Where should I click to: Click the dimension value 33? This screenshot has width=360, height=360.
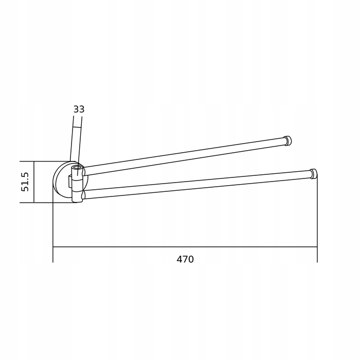click(79, 109)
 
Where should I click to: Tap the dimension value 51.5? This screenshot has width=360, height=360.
click(25, 182)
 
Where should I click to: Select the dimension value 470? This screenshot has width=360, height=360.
click(185, 259)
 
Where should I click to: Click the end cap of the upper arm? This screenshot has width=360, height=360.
click(287, 141)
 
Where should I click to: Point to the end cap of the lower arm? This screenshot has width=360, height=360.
click(314, 174)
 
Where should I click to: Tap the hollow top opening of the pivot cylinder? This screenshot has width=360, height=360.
click(77, 167)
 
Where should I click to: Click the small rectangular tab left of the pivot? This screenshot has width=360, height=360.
click(70, 181)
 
